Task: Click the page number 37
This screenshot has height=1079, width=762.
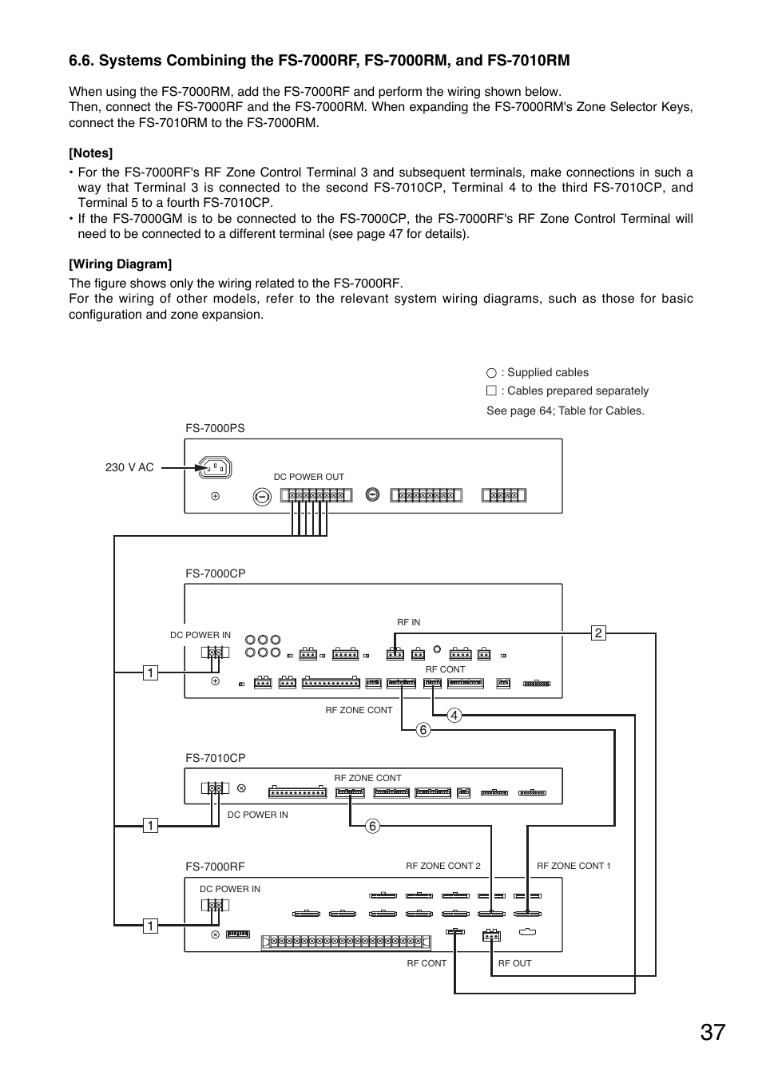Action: click(x=713, y=1032)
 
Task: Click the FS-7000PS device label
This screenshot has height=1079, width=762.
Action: click(x=215, y=428)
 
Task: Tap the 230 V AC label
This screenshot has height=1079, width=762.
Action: click(x=129, y=467)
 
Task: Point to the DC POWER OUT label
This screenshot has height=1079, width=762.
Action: click(x=308, y=477)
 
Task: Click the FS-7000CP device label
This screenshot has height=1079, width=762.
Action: click(x=215, y=573)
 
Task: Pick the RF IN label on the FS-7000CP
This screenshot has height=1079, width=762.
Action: click(x=408, y=622)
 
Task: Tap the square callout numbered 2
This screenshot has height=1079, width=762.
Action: click(x=598, y=633)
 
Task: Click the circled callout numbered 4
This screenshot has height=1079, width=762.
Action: click(x=454, y=716)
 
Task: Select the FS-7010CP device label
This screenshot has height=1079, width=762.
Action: click(x=215, y=758)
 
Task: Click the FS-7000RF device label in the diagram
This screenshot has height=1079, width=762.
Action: click(x=215, y=867)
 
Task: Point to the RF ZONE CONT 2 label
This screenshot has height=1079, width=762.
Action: click(x=443, y=866)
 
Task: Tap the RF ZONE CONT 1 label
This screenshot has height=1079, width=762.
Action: click(x=573, y=866)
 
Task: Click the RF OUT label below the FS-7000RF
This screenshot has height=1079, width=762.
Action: click(x=514, y=963)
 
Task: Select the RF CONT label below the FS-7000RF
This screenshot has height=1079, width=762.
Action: click(x=427, y=963)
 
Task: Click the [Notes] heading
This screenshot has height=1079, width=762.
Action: click(x=90, y=153)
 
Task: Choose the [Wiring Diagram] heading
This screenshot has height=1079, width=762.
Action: click(x=120, y=264)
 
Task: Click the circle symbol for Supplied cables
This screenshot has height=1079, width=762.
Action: click(x=491, y=373)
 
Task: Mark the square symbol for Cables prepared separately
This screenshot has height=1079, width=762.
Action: click(x=491, y=391)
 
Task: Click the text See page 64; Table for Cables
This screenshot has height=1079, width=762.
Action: click(x=565, y=411)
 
